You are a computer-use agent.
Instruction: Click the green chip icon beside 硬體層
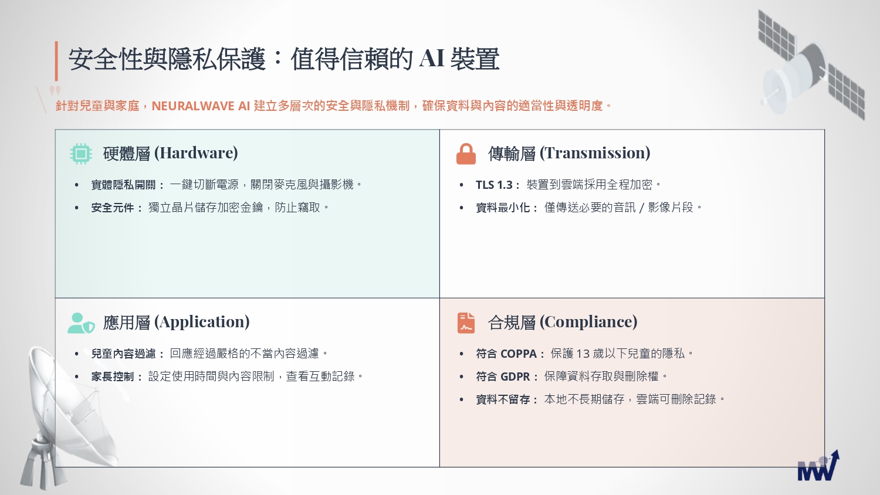81,154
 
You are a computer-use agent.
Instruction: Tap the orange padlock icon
466,154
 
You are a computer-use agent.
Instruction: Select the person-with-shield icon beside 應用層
81,323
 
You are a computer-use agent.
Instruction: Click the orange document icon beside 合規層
466,323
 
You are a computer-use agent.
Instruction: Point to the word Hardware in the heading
195,153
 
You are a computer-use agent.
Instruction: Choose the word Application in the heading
202,322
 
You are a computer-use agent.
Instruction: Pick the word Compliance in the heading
588,322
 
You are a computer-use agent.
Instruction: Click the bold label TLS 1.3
494,185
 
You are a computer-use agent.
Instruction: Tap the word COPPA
519,354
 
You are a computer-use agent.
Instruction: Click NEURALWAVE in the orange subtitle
193,106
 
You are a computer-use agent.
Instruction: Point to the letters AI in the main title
432,58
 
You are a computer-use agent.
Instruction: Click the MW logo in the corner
818,466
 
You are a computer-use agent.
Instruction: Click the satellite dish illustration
67,416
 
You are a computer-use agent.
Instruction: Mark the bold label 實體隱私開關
123,185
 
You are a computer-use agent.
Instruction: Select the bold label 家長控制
113,377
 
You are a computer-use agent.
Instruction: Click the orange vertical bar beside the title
56,61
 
